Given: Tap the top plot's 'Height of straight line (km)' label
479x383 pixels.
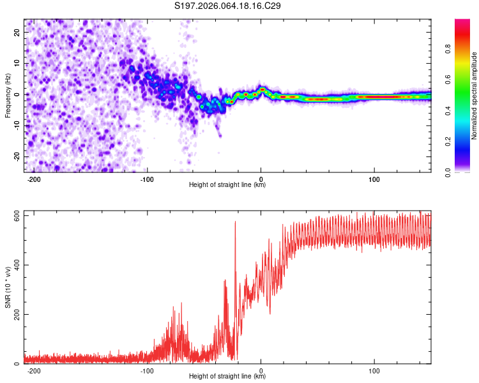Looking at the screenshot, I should (x=227, y=185).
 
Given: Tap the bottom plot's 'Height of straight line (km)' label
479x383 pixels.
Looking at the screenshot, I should (x=227, y=377).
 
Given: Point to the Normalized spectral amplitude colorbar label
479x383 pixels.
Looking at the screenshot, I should (x=474, y=96).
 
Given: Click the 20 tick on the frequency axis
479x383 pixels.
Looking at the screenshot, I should (x=17, y=32).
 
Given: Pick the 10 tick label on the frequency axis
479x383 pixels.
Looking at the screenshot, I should (x=17, y=63).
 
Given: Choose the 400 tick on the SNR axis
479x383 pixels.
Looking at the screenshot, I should (x=14, y=265).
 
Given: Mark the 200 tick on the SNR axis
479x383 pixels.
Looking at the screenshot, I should (x=14, y=314).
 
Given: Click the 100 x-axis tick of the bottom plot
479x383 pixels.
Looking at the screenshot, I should (x=374, y=370).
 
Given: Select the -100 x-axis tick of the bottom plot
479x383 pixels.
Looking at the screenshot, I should (x=147, y=370).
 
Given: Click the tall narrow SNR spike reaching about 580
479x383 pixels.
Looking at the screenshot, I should (x=235, y=223).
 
